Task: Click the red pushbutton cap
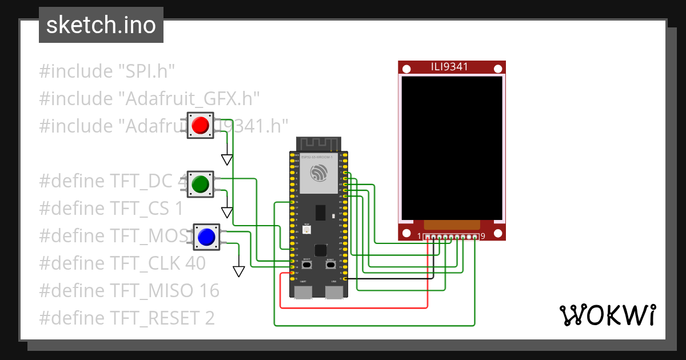point(200,126)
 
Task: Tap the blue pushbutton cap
point(206,237)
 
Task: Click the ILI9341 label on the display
point(449,67)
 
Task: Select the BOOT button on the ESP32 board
point(307,265)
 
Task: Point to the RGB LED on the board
point(307,230)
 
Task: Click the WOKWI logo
point(607,315)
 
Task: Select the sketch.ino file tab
point(101,25)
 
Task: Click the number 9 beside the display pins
point(482,237)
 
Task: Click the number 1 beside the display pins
point(419,237)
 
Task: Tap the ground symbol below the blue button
point(238,271)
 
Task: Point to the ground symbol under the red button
point(227,159)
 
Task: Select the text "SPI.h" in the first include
point(146,71)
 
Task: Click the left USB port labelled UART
point(302,292)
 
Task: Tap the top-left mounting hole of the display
point(406,69)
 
